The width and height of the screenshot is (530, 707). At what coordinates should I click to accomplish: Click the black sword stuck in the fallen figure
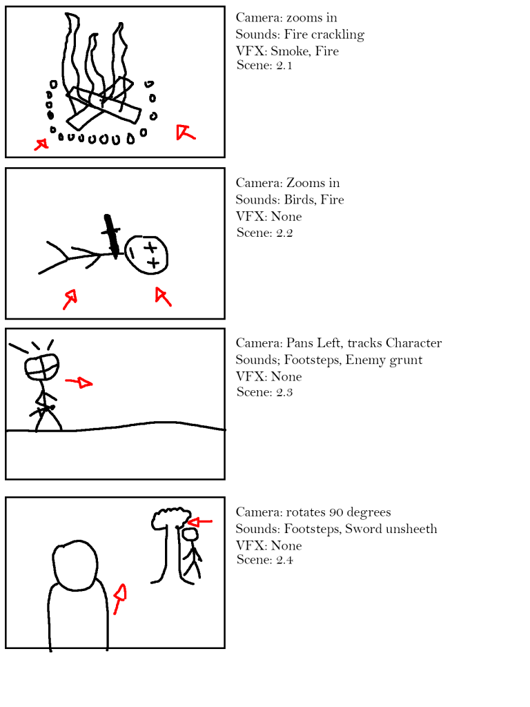tap(111, 236)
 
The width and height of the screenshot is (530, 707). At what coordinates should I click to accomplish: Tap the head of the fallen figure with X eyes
tap(146, 255)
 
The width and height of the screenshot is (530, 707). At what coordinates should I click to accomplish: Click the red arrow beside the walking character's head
tap(79, 382)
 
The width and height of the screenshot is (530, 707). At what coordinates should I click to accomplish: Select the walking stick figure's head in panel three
tap(42, 367)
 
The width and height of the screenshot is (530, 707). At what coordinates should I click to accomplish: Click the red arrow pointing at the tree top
tap(199, 522)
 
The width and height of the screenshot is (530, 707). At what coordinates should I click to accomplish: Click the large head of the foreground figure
tap(75, 565)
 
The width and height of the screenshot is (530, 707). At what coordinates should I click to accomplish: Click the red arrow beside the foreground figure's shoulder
tap(120, 599)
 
